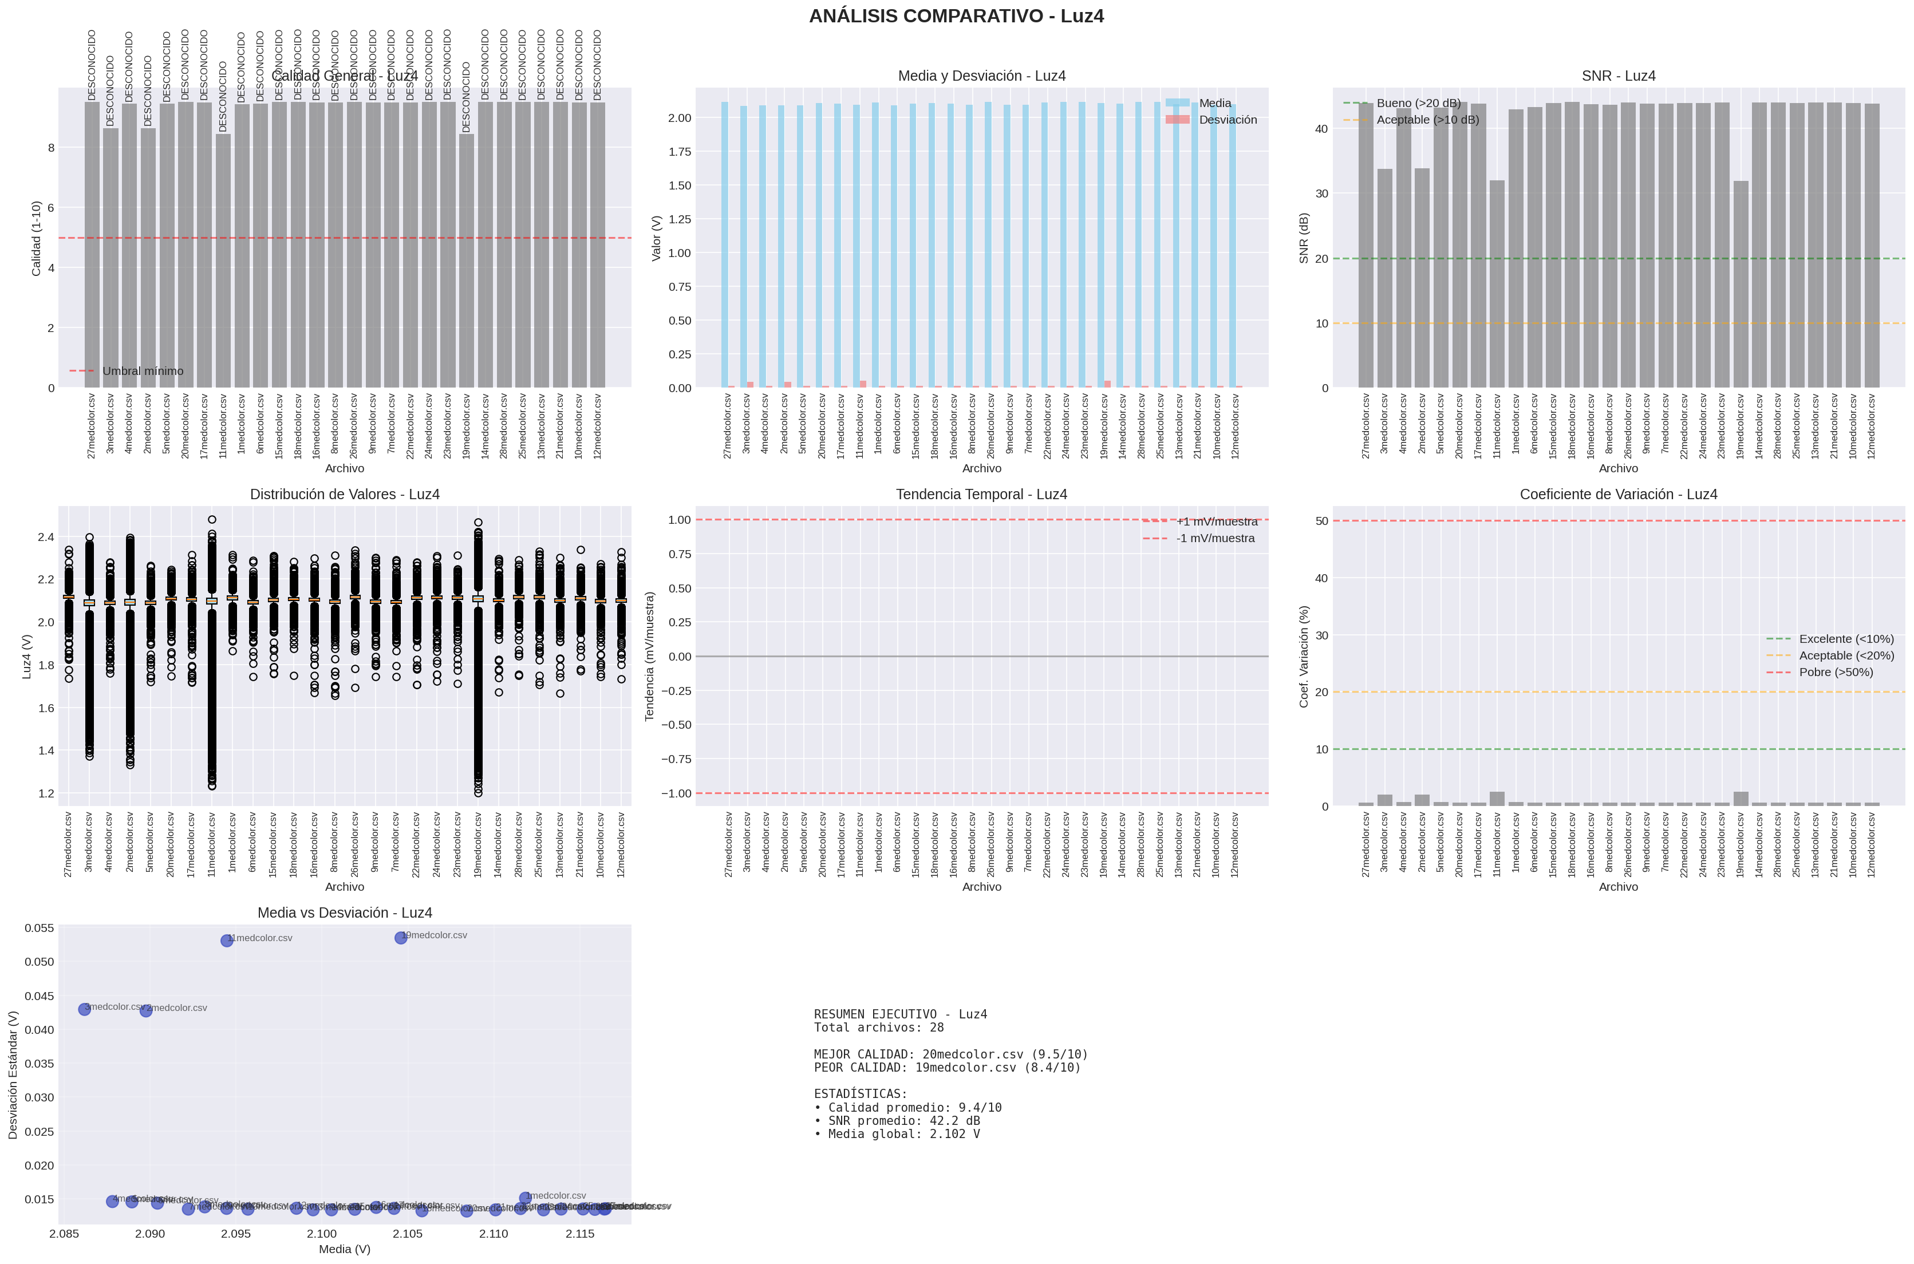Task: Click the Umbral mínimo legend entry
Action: pyautogui.click(x=143, y=371)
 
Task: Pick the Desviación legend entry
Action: pyautogui.click(x=1227, y=119)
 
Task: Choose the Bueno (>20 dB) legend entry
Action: pyautogui.click(x=1418, y=103)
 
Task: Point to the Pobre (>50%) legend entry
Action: pyautogui.click(x=1836, y=672)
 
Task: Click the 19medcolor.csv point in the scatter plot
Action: pyautogui.click(x=401, y=938)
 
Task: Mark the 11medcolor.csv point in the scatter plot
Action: pyautogui.click(x=227, y=941)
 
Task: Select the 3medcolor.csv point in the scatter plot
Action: pyautogui.click(x=85, y=1009)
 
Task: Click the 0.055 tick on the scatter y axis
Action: pyautogui.click(x=39, y=928)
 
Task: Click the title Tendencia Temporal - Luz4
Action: pyautogui.click(x=981, y=494)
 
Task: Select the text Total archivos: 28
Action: pyautogui.click(x=878, y=1028)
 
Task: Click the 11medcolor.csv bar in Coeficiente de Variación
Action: pyautogui.click(x=1497, y=799)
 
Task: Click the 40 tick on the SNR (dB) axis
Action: pyautogui.click(x=1321, y=129)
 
